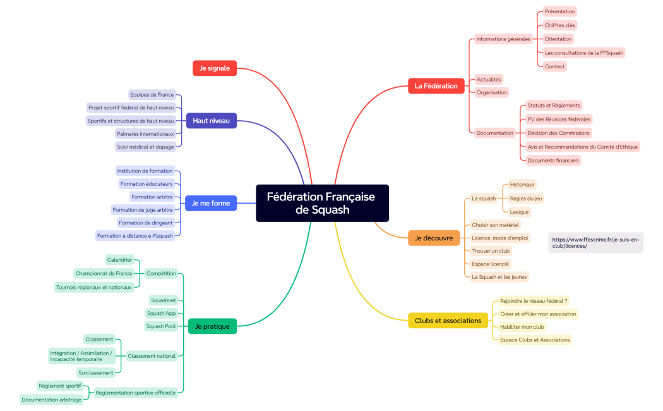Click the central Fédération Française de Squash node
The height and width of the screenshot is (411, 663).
[322, 203]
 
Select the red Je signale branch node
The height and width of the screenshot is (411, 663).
[214, 68]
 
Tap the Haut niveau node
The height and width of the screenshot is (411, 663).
[211, 120]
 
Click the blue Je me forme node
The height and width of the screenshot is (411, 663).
[211, 203]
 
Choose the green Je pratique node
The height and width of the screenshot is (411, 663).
[212, 326]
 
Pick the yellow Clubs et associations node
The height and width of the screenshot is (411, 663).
[448, 321]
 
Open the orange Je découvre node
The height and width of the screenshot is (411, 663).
[434, 238]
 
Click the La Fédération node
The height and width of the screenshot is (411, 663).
[436, 85]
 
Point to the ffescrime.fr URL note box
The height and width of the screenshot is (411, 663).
[595, 243]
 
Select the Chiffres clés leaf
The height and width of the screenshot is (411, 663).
[559, 25]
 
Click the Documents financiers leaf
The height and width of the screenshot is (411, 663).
[552, 161]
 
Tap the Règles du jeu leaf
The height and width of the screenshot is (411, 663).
[525, 198]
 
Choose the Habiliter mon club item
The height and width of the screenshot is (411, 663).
[522, 327]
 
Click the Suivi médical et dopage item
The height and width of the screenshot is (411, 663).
[145, 147]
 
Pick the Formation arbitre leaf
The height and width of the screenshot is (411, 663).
[152, 197]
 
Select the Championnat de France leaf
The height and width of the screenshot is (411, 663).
[104, 273]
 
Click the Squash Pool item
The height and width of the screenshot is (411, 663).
[161, 326]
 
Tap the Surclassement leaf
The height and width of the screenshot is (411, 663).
[96, 372]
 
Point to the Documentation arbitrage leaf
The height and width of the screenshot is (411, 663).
[51, 400]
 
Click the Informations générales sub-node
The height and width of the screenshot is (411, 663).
[503, 39]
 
